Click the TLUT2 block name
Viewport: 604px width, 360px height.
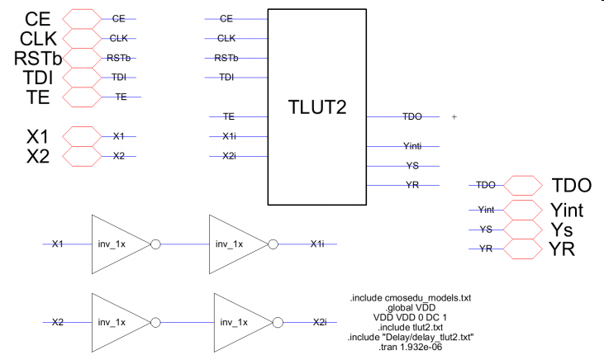click(317, 107)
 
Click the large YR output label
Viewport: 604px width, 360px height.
click(563, 249)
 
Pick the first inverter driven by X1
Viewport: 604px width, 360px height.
click(117, 244)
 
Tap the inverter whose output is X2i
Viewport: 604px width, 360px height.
click(240, 322)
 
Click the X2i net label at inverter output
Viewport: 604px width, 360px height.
click(319, 322)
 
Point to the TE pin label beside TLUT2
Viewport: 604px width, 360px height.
click(229, 116)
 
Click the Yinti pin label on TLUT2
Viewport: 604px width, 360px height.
click(414, 146)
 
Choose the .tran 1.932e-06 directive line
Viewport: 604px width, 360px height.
click(411, 347)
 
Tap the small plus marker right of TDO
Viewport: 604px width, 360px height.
click(454, 116)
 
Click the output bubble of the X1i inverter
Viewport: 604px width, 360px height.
click(272, 244)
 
